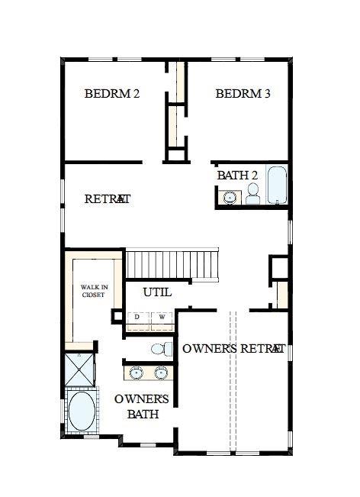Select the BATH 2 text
pyautogui.click(x=237, y=175)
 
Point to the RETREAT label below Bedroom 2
pyautogui.click(x=108, y=198)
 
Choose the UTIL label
pyautogui.click(x=157, y=292)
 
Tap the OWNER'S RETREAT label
pyautogui.click(x=233, y=349)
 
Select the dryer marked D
pyautogui.click(x=137, y=317)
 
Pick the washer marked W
pyautogui.click(x=162, y=317)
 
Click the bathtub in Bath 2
pyautogui.click(x=275, y=186)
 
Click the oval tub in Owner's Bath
pyautogui.click(x=82, y=412)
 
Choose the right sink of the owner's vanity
pyautogui.click(x=161, y=373)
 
